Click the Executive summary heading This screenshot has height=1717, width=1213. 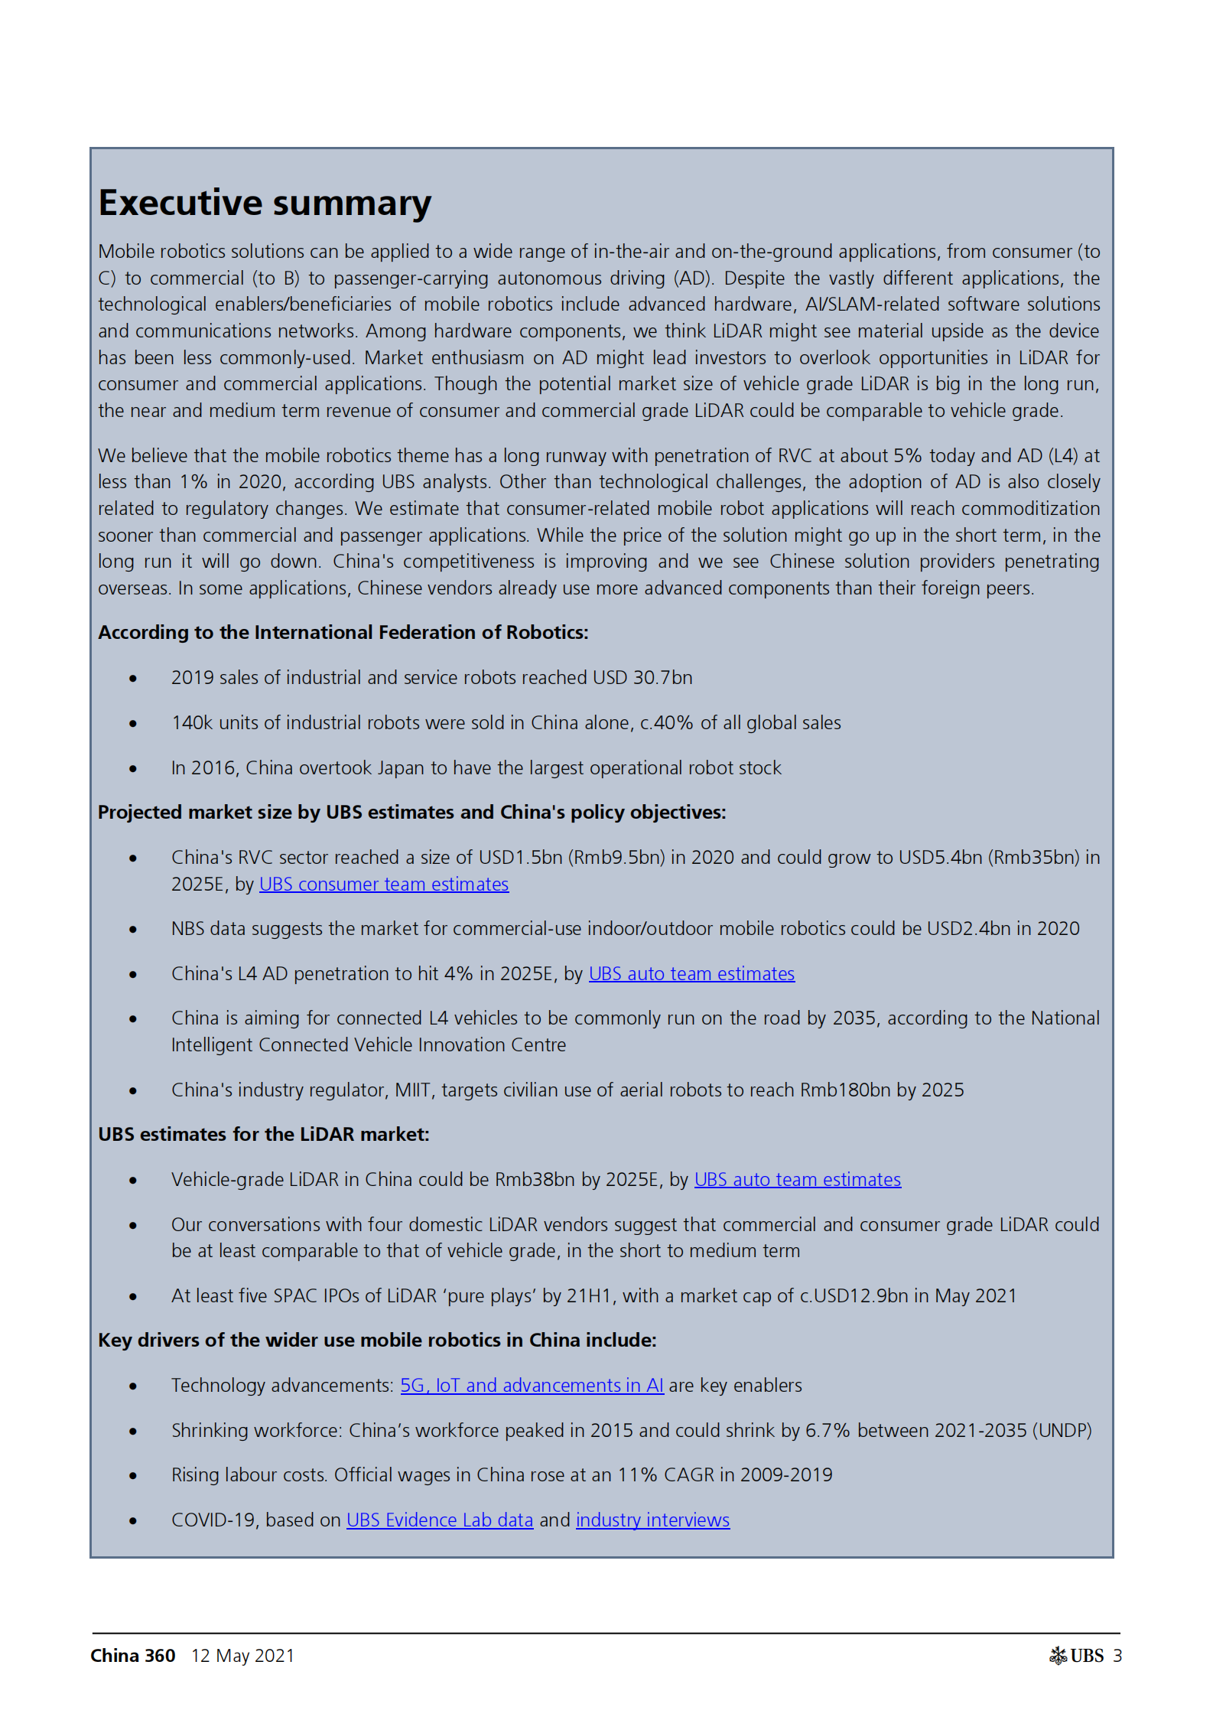[265, 203]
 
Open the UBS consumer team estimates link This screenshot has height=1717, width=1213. [383, 884]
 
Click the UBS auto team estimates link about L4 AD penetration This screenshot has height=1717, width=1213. [691, 973]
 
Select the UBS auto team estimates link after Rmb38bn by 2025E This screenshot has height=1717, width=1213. [797, 1179]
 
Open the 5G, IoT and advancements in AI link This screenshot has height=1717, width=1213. [532, 1385]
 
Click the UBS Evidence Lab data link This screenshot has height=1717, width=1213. [439, 1520]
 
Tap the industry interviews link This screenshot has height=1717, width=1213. [652, 1520]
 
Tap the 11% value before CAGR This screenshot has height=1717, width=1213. [637, 1474]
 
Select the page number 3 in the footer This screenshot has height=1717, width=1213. [1117, 1656]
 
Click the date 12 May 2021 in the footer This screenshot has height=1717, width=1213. [242, 1656]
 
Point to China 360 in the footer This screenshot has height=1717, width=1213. [133, 1656]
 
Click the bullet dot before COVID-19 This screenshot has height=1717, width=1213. [133, 1521]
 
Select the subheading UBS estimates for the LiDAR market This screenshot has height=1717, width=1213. [263, 1134]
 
